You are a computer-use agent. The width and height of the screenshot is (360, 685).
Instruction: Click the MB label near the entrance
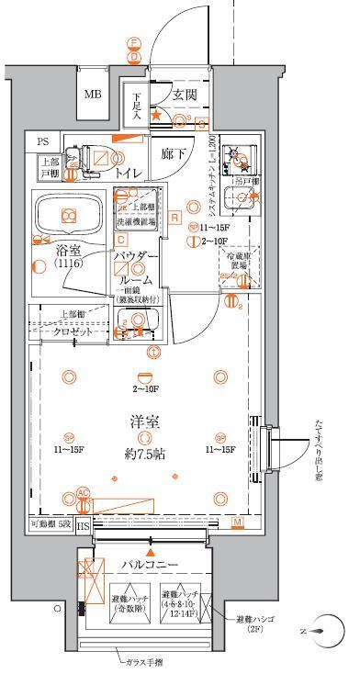(94, 95)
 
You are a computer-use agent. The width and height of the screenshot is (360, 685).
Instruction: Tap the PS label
(44, 141)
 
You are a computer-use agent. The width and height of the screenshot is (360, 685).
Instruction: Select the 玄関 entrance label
(183, 95)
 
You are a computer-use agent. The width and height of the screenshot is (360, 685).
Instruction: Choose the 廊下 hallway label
(174, 155)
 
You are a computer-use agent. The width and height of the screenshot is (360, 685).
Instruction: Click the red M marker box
(236, 522)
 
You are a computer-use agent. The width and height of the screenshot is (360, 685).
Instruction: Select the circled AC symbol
(83, 493)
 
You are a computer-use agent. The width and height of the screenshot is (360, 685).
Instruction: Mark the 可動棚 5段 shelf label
(50, 523)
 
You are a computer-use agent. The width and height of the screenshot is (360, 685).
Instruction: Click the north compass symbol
(315, 632)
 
